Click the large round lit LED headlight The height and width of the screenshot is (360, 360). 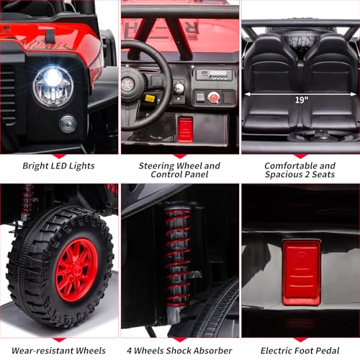(53, 86)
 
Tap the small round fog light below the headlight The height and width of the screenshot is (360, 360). (68, 124)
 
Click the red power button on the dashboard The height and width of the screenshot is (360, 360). (213, 98)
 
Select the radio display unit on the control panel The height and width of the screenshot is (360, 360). (214, 75)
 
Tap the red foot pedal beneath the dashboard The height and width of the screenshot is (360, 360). (185, 130)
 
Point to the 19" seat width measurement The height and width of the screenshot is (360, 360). (302, 99)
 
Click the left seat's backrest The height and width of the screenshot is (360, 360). (271, 63)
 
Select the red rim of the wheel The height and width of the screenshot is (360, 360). (77, 269)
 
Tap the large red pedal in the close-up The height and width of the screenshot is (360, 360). (302, 273)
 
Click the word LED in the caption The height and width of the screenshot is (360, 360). (58, 166)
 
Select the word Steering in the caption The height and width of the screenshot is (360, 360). (156, 166)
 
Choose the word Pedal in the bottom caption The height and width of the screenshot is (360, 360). (328, 351)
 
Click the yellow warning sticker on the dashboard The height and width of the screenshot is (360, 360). (150, 99)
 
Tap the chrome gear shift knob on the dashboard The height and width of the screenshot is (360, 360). (179, 88)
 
